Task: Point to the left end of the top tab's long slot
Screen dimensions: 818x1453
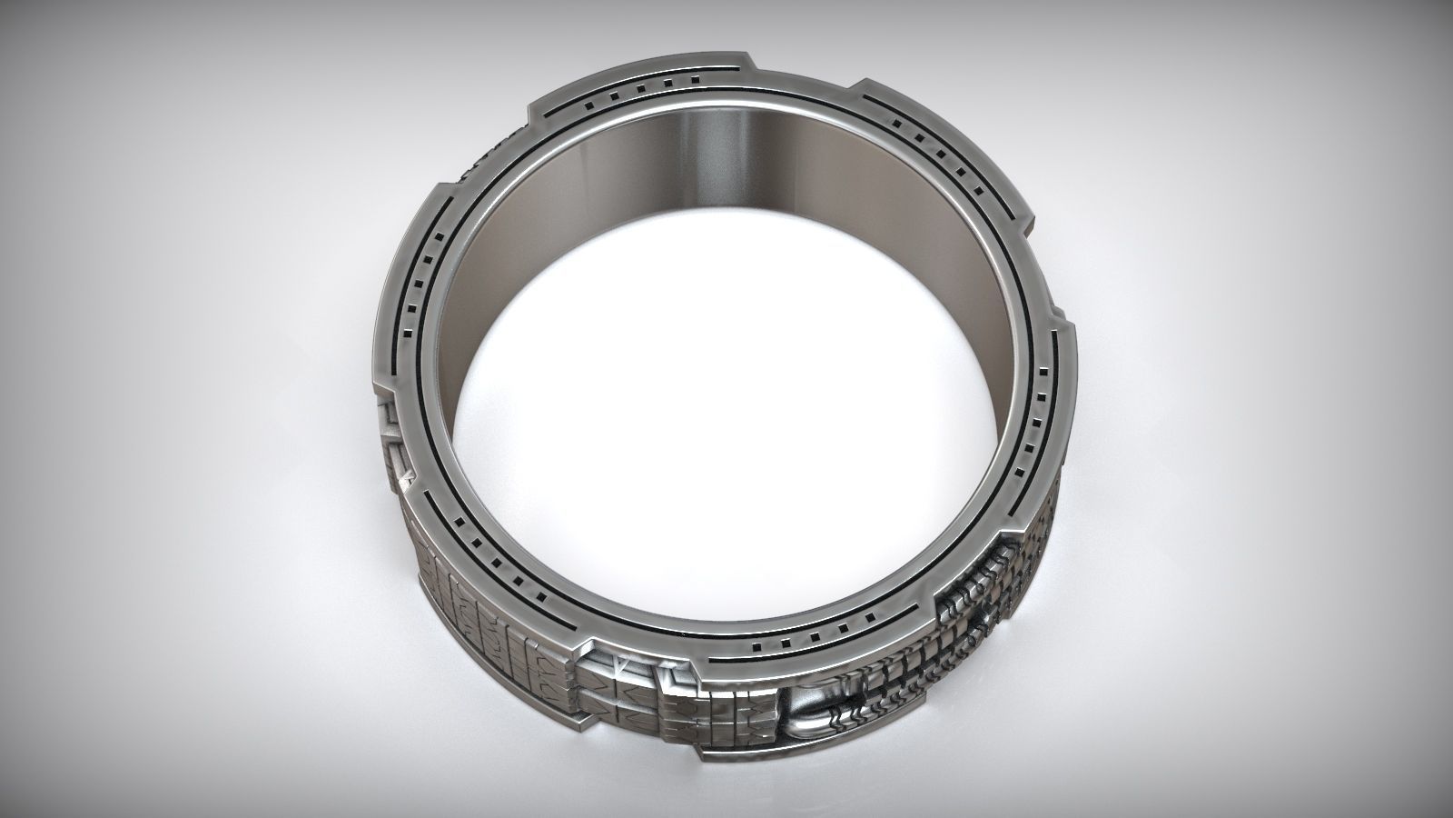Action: click(546, 115)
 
